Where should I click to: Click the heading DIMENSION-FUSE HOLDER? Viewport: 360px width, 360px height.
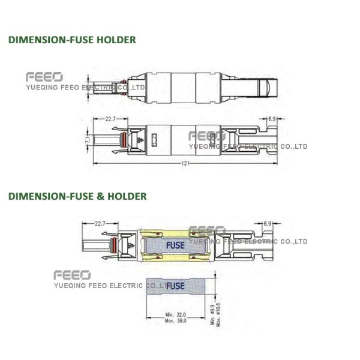(x=71, y=40)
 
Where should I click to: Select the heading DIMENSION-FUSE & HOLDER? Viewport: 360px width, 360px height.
(x=77, y=196)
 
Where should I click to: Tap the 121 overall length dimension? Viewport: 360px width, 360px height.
(x=184, y=163)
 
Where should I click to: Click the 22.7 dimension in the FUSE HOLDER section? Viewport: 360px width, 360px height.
(x=110, y=119)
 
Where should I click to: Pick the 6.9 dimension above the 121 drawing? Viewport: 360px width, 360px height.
(x=272, y=119)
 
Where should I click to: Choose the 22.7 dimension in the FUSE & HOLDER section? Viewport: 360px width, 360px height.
(x=99, y=224)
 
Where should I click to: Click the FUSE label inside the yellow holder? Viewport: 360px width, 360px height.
(x=176, y=245)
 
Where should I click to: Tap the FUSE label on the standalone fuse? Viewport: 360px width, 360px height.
(x=175, y=286)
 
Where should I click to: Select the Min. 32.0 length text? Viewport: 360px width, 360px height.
(x=175, y=314)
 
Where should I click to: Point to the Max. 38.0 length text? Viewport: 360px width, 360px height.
(x=175, y=321)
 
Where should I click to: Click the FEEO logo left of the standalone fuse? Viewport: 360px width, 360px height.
(x=71, y=275)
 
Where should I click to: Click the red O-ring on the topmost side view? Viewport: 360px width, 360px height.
(x=122, y=85)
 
